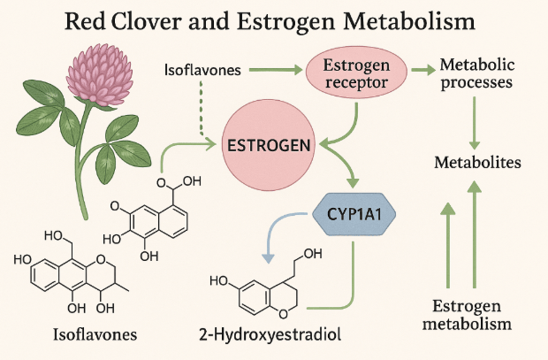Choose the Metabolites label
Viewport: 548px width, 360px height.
click(476, 163)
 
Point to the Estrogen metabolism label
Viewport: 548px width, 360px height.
click(472, 315)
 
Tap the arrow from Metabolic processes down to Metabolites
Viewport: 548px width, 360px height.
click(476, 123)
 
